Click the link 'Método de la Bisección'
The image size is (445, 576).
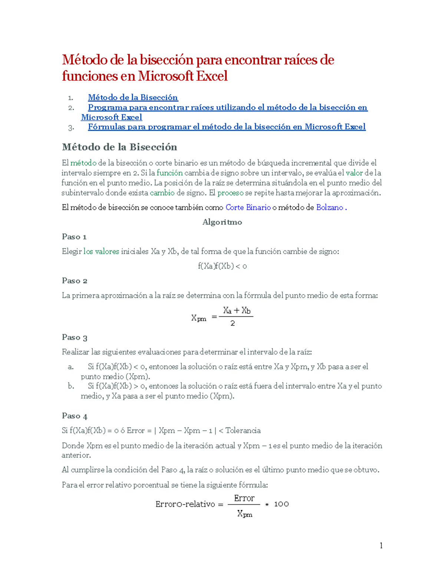tap(133, 98)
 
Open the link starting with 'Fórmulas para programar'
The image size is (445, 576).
tap(227, 127)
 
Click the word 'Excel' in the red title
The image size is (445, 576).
tap(212, 76)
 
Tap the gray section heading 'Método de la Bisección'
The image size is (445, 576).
tap(119, 147)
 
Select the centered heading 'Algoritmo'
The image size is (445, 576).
tap(222, 222)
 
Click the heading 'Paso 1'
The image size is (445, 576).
tap(74, 237)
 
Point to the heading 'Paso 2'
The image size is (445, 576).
tap(75, 281)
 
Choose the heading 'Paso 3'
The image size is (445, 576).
tap(75, 338)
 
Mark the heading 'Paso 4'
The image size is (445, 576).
tap(75, 416)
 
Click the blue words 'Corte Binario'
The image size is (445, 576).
tap(248, 208)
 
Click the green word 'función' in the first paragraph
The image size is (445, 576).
tap(169, 173)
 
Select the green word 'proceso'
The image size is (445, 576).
tap(230, 193)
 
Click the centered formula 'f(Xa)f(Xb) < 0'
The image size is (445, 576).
tap(222, 266)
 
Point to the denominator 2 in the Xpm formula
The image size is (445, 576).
tap(233, 323)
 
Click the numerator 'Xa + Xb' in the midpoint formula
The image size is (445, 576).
tap(237, 310)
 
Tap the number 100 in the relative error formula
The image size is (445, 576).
tap(281, 504)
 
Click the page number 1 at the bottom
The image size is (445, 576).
tap(381, 545)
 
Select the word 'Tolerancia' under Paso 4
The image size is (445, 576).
tap(243, 431)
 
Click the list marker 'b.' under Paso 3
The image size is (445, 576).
tap(71, 386)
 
